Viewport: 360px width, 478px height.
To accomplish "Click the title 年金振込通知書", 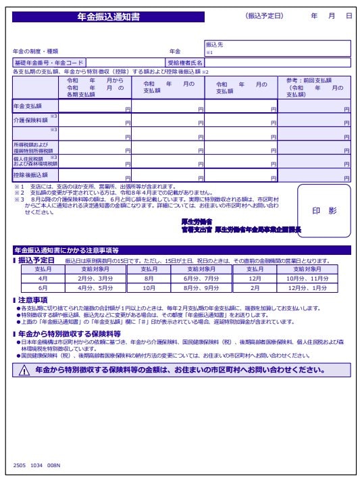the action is (108, 17).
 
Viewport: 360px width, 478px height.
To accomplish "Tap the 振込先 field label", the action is (214, 45).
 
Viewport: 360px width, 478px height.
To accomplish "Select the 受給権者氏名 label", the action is (185, 63).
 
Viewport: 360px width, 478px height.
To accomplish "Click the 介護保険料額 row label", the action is (28, 120).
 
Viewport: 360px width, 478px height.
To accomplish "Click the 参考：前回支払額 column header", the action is (314, 87).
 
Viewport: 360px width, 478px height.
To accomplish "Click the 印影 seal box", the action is (324, 211).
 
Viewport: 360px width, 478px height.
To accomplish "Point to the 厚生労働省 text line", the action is (197, 222).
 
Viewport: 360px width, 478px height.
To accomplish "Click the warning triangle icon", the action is (24, 371).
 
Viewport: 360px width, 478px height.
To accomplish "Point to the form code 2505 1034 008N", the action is (36, 465).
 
